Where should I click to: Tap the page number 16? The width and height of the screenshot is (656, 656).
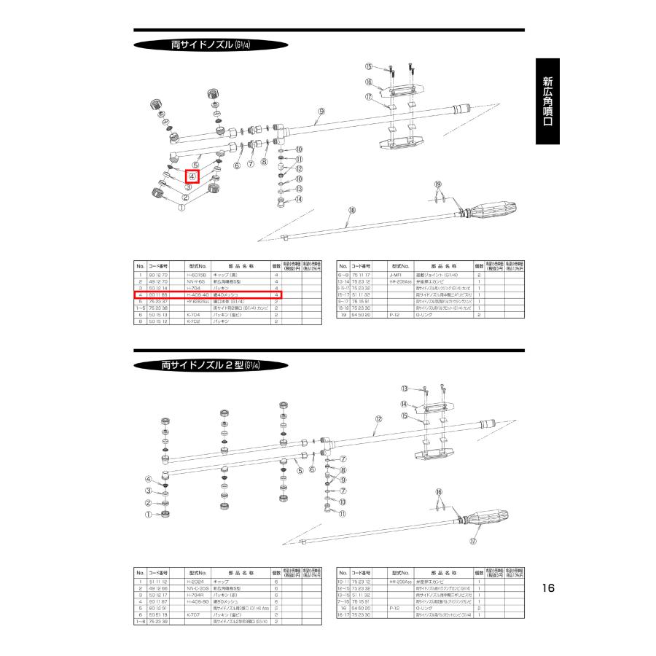click(x=549, y=588)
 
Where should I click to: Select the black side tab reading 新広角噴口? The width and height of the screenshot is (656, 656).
click(x=547, y=101)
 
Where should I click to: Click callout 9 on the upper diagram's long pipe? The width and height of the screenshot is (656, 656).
click(x=319, y=112)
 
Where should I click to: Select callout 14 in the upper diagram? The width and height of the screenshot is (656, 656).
click(x=299, y=199)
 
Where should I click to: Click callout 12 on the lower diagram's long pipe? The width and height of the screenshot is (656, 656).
click(x=378, y=419)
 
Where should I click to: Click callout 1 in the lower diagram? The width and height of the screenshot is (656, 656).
click(x=147, y=514)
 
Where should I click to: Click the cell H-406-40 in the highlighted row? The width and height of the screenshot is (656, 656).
click(x=198, y=294)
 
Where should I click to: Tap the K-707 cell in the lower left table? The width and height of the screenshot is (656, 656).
click(x=193, y=614)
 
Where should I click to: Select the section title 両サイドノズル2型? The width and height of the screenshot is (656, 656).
click(x=211, y=364)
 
